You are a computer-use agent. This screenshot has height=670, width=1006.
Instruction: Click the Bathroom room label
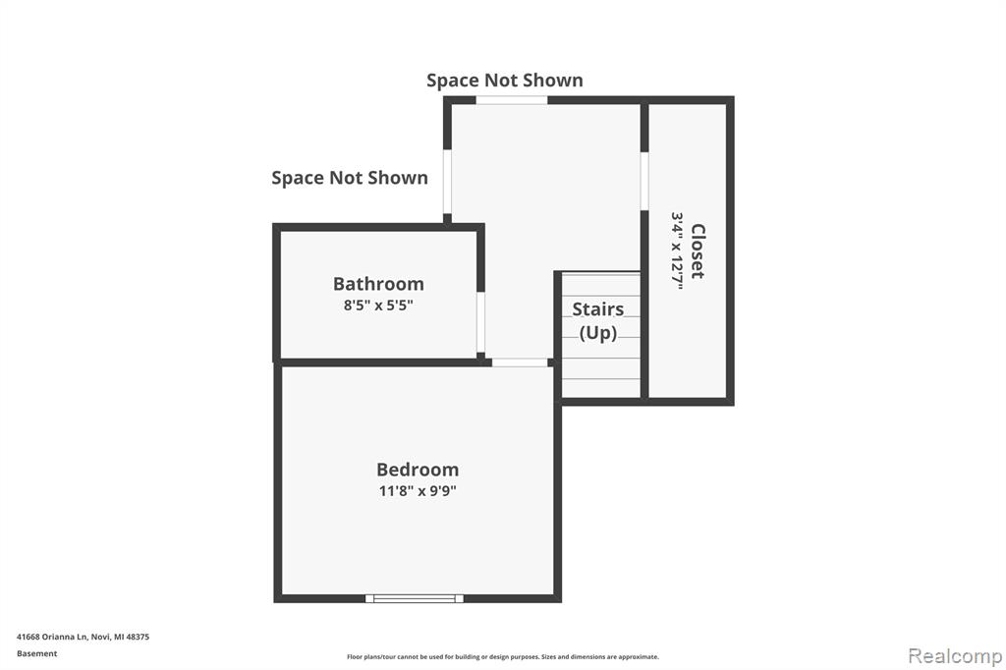pyautogui.click(x=378, y=284)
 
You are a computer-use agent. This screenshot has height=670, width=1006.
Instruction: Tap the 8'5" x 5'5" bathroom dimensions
pyautogui.click(x=378, y=305)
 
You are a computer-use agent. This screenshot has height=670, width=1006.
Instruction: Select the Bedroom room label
pyautogui.click(x=418, y=470)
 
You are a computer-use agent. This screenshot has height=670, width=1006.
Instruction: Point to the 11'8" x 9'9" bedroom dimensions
pyautogui.click(x=418, y=491)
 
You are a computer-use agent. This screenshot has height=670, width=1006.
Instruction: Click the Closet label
pyautogui.click(x=698, y=251)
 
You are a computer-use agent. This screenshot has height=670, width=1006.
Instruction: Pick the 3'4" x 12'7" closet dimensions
pyautogui.click(x=677, y=251)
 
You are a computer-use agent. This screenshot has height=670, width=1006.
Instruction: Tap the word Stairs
pyautogui.click(x=598, y=309)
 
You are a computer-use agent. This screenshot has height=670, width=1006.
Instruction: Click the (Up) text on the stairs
pyautogui.click(x=598, y=333)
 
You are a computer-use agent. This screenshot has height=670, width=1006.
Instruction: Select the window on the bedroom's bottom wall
pyautogui.click(x=415, y=598)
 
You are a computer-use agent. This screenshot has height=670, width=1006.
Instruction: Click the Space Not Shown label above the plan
pyautogui.click(x=505, y=81)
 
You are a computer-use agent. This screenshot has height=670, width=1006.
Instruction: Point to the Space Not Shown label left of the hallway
pyautogui.click(x=350, y=178)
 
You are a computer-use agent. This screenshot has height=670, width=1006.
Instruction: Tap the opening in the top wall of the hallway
pyautogui.click(x=511, y=100)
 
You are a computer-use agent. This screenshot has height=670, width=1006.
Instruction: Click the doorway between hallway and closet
pyautogui.click(x=644, y=181)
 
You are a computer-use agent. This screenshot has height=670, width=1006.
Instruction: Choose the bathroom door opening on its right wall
pyautogui.click(x=480, y=322)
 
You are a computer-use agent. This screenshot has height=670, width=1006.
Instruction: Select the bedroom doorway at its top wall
pyautogui.click(x=520, y=363)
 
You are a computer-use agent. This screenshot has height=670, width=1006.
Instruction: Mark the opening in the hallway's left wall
pyautogui.click(x=447, y=182)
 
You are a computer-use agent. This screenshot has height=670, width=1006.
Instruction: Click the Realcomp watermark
pyautogui.click(x=955, y=656)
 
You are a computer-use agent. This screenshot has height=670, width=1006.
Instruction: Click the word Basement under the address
pyautogui.click(x=36, y=653)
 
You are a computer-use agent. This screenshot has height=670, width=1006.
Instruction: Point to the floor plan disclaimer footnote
pyautogui.click(x=503, y=656)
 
